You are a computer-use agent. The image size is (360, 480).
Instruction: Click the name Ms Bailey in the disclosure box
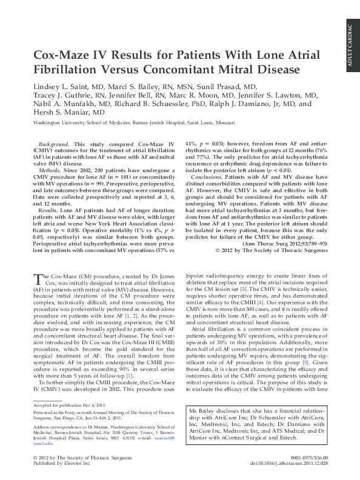[x=202, y=410]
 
